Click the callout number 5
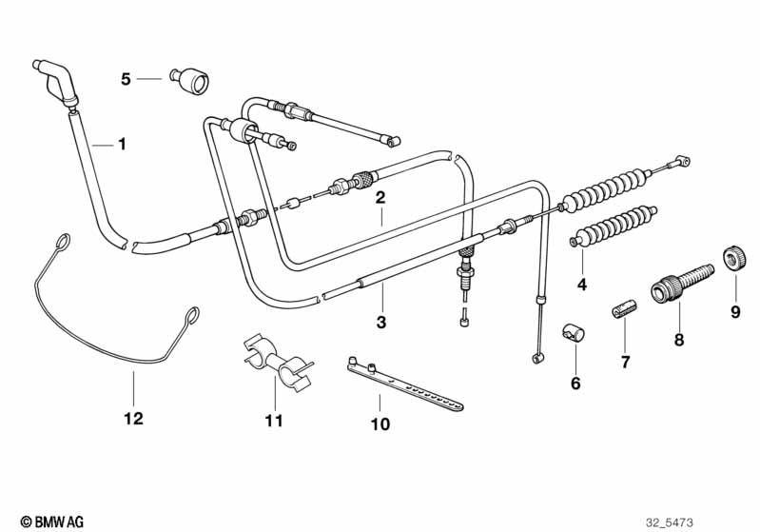click(x=126, y=79)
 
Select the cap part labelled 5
click(x=189, y=80)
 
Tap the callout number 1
click(x=122, y=144)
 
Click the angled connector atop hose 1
click(x=55, y=82)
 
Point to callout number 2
click(x=380, y=197)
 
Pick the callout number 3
click(x=381, y=322)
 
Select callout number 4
click(x=582, y=285)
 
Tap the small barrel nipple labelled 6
click(x=574, y=333)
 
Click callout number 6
click(x=575, y=384)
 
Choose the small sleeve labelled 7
click(x=624, y=309)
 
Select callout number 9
click(x=736, y=311)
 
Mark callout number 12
click(x=134, y=418)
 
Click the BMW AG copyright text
click(x=52, y=522)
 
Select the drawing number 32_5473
click(x=670, y=522)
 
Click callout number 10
click(x=380, y=424)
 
